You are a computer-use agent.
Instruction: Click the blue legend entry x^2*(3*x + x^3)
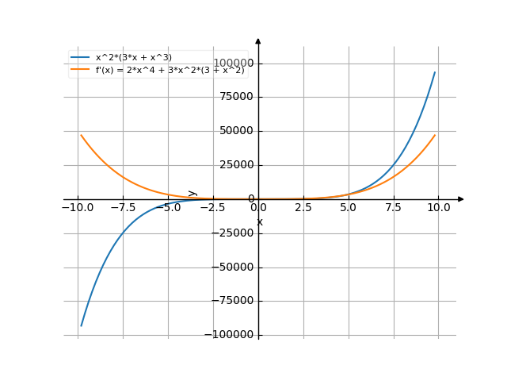(x=133, y=57)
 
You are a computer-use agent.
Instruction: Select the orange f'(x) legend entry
(x=170, y=70)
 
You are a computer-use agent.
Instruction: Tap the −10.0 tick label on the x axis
(x=78, y=208)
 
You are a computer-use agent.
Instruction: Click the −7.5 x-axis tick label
(x=123, y=208)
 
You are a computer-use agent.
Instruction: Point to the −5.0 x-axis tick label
(x=168, y=208)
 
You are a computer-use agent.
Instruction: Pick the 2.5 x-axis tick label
(x=303, y=208)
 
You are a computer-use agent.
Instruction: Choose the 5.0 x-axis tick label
(x=349, y=208)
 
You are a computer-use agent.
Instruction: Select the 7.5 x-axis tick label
(x=394, y=208)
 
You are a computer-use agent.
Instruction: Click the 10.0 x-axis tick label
(x=438, y=208)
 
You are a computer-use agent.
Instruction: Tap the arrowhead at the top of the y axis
(x=258, y=40)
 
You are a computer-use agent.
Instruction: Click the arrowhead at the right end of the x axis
(x=461, y=199)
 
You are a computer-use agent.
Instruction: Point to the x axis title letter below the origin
(x=260, y=222)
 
